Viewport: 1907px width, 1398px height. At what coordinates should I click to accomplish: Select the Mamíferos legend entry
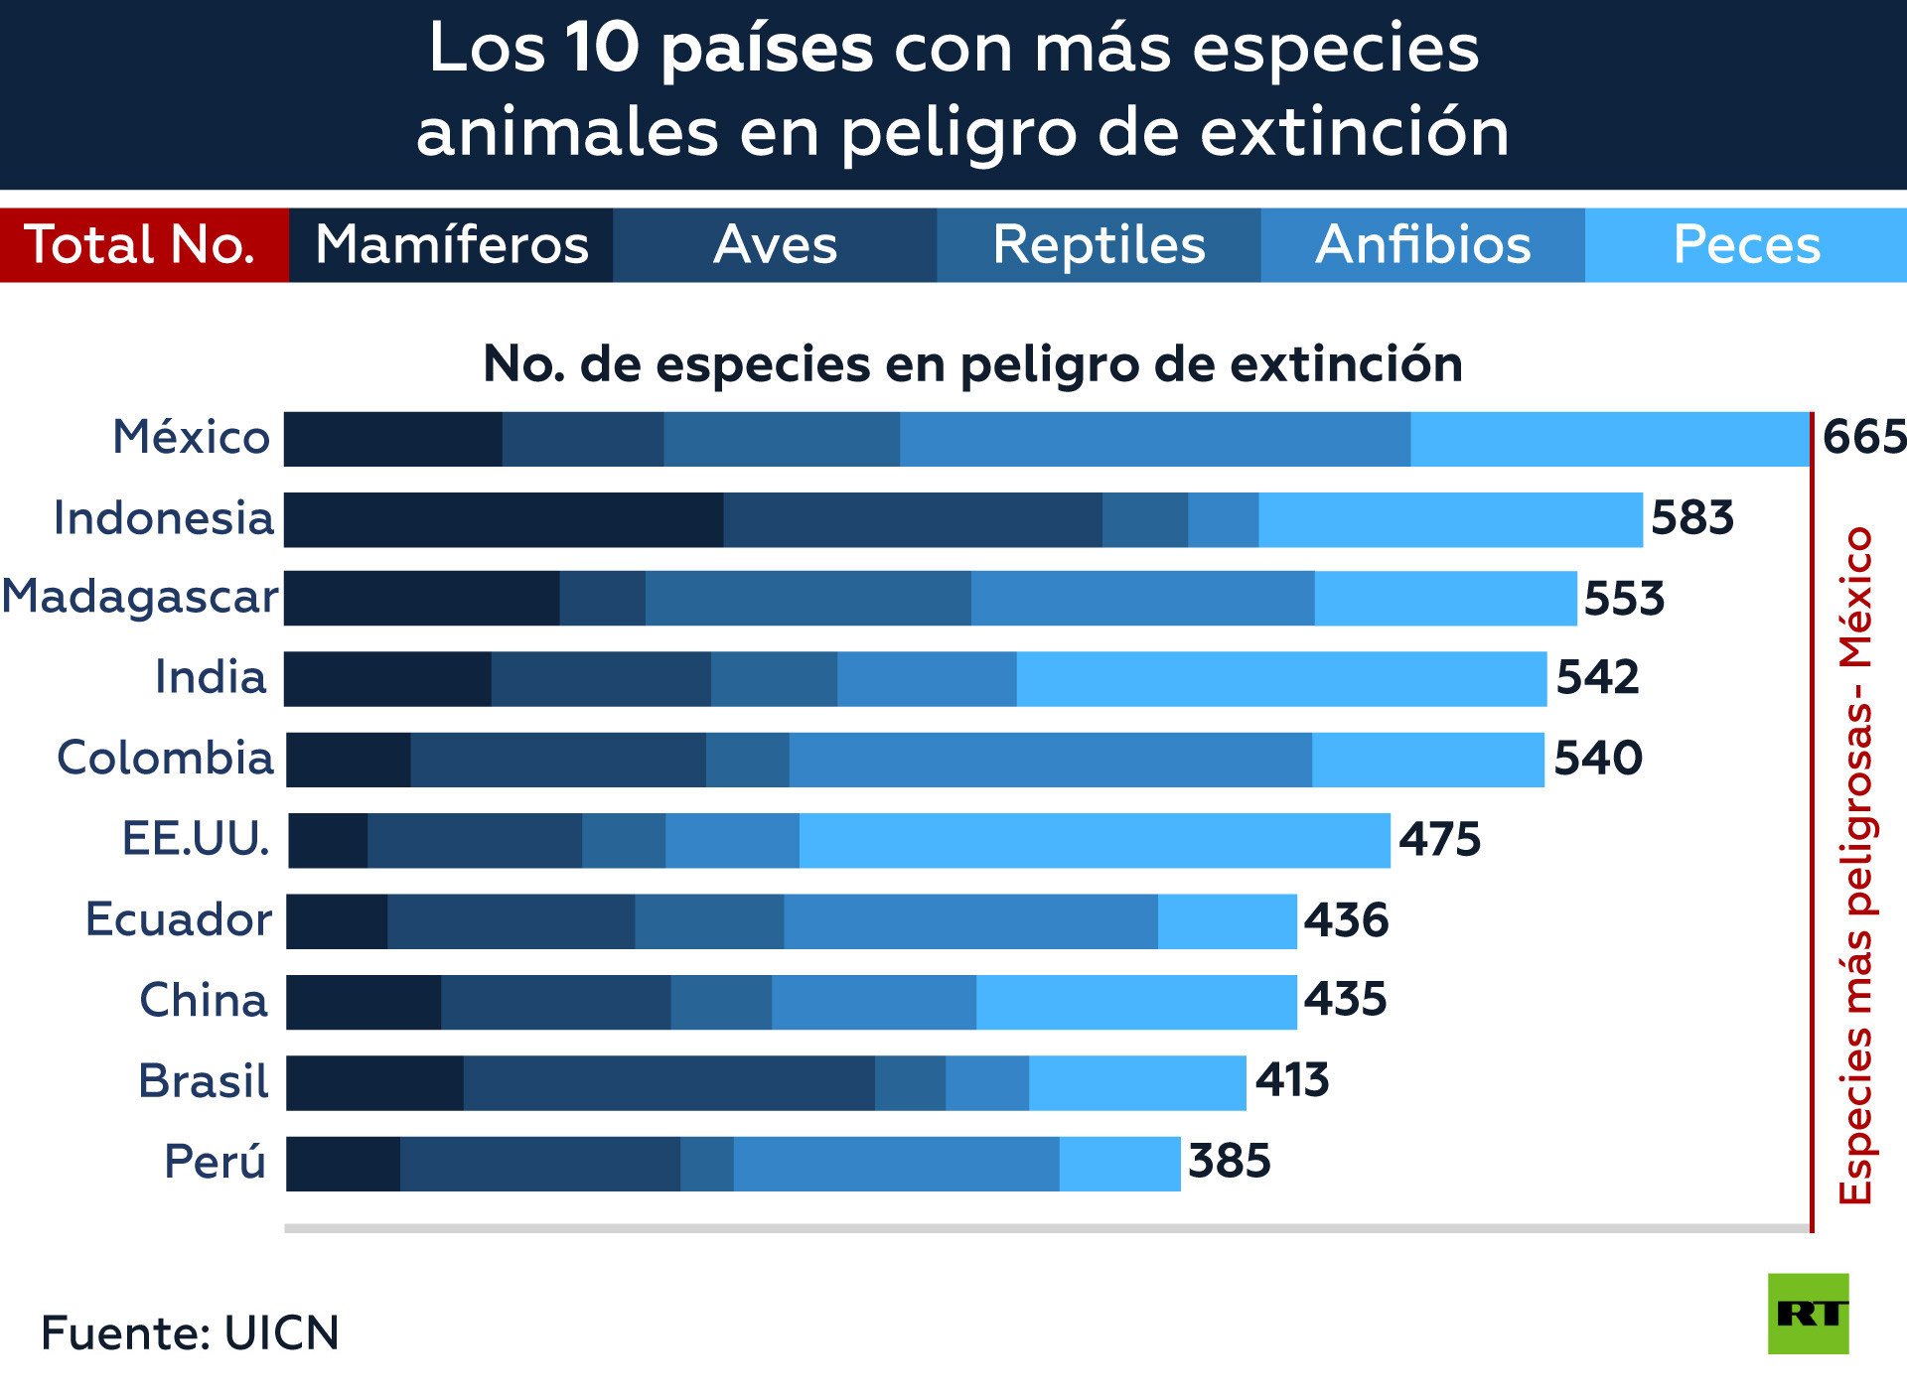451,245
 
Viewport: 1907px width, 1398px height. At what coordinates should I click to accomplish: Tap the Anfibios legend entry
1422,245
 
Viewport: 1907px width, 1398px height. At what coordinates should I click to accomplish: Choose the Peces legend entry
1746,245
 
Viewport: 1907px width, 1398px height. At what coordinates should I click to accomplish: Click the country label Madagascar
141,597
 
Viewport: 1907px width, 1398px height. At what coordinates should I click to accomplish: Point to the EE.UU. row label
196,839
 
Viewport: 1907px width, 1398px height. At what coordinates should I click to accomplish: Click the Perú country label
216,1162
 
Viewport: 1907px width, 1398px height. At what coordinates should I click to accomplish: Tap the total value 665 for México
1863,438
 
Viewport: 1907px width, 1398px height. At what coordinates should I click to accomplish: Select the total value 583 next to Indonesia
1692,518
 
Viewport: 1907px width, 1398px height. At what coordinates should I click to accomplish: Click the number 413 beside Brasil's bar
1292,1080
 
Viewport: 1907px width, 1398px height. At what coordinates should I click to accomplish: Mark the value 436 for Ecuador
1346,920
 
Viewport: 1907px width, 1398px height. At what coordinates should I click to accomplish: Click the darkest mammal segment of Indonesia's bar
504,519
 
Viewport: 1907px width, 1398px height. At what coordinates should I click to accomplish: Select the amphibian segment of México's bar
1155,439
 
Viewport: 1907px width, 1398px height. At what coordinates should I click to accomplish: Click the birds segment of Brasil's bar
668,1082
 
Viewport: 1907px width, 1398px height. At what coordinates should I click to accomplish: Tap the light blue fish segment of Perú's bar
1119,1164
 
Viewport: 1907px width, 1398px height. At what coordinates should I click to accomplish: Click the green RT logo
1808,1314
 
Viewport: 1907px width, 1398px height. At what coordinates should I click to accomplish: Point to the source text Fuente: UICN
190,1333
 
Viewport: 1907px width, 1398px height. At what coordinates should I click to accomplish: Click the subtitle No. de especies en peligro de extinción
972,364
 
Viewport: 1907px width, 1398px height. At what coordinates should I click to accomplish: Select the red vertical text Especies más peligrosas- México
1855,865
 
